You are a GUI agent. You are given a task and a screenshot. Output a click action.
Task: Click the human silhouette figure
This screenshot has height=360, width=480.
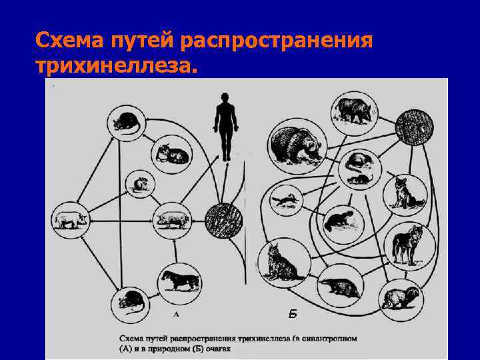pos(225,123)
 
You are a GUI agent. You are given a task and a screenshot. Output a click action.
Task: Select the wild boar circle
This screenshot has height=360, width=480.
pos(354,111)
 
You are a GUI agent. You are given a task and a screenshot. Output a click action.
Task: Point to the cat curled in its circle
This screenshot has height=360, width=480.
pos(172,154)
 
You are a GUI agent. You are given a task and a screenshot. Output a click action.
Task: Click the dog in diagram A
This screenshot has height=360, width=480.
pos(178,279)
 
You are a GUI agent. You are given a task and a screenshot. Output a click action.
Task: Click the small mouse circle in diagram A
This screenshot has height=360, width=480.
pos(140,184)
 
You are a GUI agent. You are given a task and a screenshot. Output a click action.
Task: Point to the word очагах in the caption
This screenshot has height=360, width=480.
pos(221,348)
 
